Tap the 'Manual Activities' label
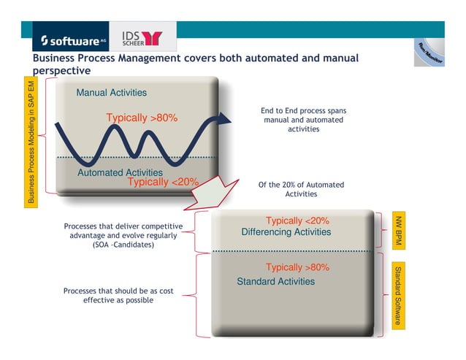(x=111, y=93)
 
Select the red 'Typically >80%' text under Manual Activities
(x=142, y=118)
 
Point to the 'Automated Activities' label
(x=120, y=172)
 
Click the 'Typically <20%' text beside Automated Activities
(x=163, y=182)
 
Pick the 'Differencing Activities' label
(x=286, y=232)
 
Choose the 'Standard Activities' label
(x=275, y=281)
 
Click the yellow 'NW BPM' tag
(x=398, y=229)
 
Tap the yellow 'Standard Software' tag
(x=398, y=294)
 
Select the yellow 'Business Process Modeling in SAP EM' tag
(x=31, y=143)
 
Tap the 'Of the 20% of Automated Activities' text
(x=301, y=189)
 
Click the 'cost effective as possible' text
(x=118, y=295)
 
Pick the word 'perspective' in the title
(x=62, y=71)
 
